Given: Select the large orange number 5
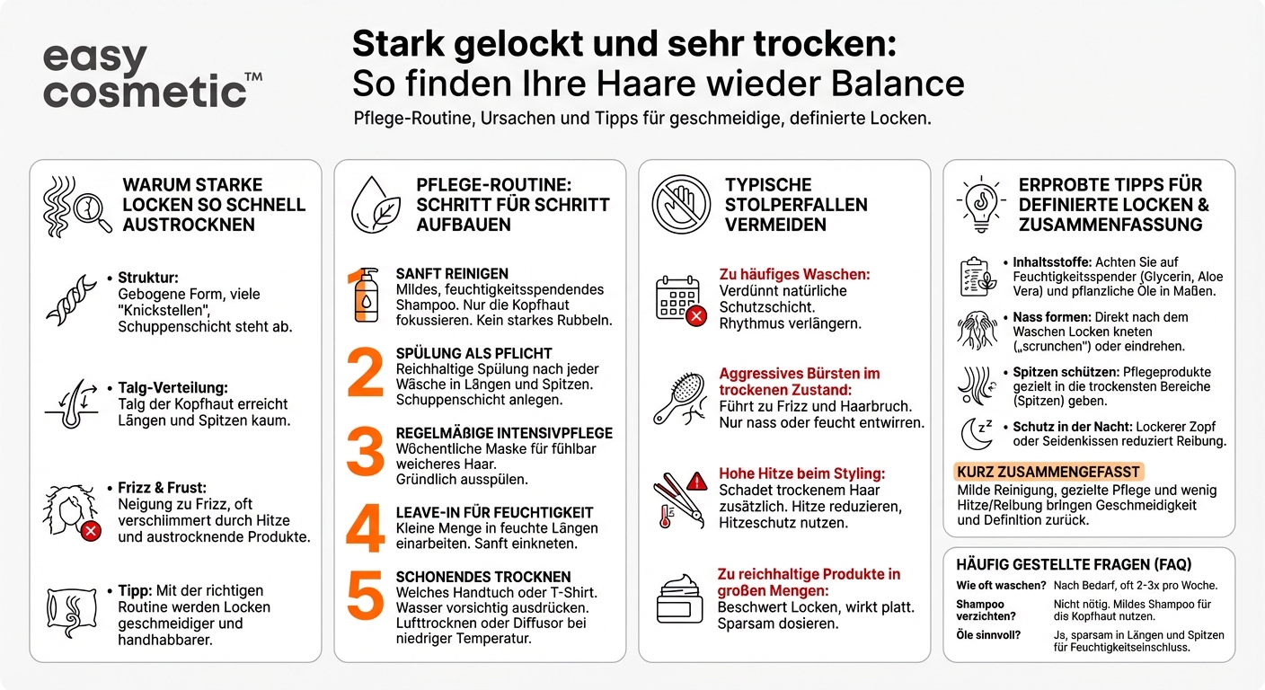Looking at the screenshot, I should point(365,595).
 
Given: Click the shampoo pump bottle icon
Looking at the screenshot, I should point(365,295).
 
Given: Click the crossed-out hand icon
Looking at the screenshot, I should point(681,204).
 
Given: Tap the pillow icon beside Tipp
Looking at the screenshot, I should point(70,613).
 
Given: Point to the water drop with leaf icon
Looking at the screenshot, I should point(376,204).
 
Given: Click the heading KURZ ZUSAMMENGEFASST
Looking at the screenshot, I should point(1048,472).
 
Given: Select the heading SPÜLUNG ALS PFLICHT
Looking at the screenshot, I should point(473,353).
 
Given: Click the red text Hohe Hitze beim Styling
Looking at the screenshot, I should point(801,473).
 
